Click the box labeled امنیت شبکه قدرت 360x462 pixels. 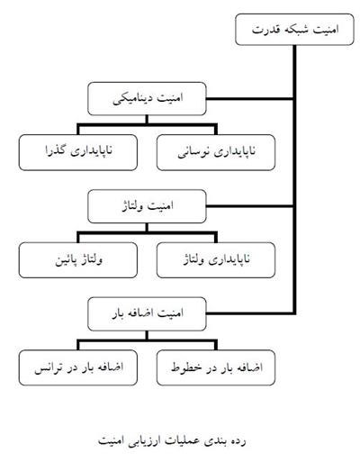[x=294, y=30]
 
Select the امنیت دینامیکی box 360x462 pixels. [x=147, y=98]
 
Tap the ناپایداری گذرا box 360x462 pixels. [x=78, y=152]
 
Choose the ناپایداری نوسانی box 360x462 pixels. [x=216, y=152]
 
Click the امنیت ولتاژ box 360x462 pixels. [x=147, y=206]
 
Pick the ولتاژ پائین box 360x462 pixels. [x=78, y=260]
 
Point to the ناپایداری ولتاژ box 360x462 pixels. [x=216, y=260]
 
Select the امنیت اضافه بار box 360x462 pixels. [x=147, y=314]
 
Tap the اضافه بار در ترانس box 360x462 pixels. [x=78, y=367]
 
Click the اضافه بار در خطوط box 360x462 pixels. [x=216, y=367]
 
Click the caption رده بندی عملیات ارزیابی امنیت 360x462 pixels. [x=172, y=441]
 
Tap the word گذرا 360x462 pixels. [x=56, y=150]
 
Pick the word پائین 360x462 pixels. [x=65, y=260]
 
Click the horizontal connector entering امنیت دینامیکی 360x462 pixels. [x=249, y=98]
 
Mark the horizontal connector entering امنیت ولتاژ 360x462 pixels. [x=249, y=206]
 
